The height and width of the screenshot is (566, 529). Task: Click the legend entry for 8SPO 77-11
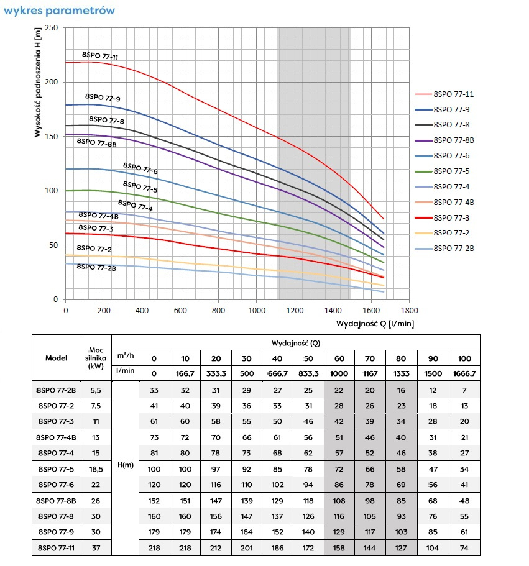click(454, 94)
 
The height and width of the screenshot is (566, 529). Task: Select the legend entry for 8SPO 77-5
click(451, 171)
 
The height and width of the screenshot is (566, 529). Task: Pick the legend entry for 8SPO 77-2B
click(454, 249)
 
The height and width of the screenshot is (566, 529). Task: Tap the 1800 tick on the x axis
click(409, 310)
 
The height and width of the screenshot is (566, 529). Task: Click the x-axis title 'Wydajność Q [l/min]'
click(375, 324)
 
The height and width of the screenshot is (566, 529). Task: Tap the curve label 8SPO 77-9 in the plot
click(103, 98)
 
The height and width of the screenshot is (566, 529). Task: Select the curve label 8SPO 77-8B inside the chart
click(96, 142)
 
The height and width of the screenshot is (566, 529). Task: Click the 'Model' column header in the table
click(56, 358)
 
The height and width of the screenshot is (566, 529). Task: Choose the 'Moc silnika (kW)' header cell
click(95, 358)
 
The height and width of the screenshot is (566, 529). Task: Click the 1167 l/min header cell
click(370, 372)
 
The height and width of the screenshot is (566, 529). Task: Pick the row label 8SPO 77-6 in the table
click(56, 484)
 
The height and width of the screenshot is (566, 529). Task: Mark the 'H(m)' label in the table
click(124, 464)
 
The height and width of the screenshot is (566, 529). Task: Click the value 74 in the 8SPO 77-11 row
click(464, 548)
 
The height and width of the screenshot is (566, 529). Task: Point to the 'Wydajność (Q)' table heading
click(295, 342)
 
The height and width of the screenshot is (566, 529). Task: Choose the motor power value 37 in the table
click(95, 548)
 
